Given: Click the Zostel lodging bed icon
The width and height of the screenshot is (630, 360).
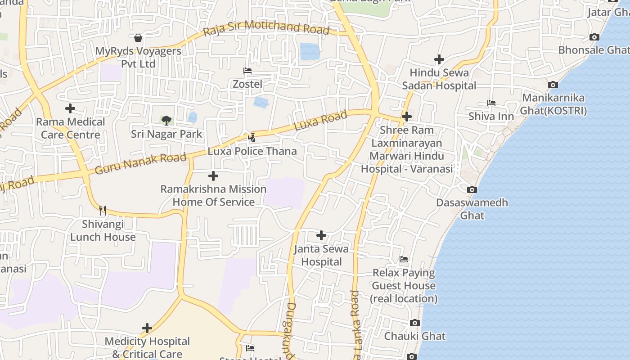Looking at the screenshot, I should tap(247, 71).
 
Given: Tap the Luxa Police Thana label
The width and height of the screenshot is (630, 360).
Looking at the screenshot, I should tap(252, 151).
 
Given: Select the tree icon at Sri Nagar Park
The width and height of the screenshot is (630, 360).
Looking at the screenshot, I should tap(166, 120).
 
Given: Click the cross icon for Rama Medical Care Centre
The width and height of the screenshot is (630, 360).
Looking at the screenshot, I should tap(70, 108).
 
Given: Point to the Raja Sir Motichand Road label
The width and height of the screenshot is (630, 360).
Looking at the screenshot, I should tap(266, 28).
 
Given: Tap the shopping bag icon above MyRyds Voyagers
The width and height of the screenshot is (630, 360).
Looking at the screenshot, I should tap(138, 38).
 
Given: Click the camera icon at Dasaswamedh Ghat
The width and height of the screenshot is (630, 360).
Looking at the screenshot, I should tap(472, 189).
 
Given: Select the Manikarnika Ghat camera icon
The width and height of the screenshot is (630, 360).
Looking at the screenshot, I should tap(553, 85).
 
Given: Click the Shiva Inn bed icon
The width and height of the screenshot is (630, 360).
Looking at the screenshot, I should tap(491, 103).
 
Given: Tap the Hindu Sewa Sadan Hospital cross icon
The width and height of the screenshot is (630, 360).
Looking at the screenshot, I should tap(439, 59).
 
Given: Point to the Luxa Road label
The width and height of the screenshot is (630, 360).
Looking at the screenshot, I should tap(320, 121).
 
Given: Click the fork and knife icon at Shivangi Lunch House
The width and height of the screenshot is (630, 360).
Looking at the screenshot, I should tap(103, 210).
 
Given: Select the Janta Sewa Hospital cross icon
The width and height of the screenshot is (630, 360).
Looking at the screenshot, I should tap(321, 235).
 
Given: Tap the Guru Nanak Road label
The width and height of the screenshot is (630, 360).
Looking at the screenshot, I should tap(140, 163).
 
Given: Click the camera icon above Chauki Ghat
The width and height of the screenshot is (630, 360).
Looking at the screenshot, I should tap(415, 323).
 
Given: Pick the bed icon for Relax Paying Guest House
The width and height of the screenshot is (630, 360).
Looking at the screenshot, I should tap(404, 259).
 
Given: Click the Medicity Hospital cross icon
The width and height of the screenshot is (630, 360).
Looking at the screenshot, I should tap(147, 328).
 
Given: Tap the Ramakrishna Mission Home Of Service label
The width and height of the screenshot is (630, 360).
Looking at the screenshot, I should tap(214, 195).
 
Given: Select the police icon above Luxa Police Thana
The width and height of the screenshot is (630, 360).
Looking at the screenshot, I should tap(252, 137).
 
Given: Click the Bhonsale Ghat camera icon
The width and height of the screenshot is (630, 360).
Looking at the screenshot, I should tap(594, 37).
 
